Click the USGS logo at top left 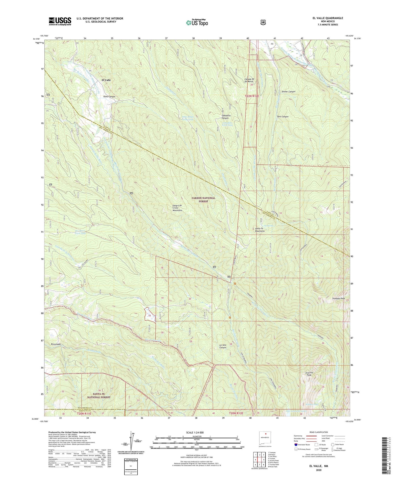tap(60, 21)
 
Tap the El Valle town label tap(106, 80)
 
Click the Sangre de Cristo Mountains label tap(177, 208)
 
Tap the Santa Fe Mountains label tap(260, 230)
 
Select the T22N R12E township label tap(250, 96)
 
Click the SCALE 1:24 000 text tap(196, 432)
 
